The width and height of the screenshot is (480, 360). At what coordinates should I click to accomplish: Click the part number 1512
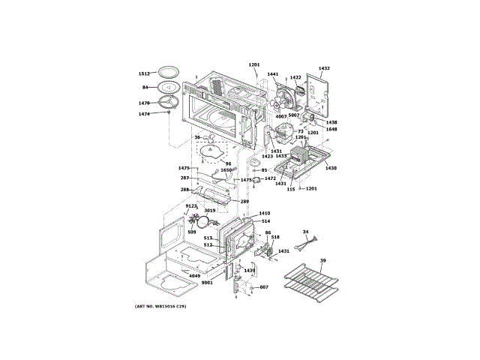[x=144, y=73]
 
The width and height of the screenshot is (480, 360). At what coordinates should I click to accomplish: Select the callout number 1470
[x=144, y=102]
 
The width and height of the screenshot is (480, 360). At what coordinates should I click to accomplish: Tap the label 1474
[x=144, y=114]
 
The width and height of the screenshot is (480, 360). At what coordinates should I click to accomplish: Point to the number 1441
[x=272, y=74]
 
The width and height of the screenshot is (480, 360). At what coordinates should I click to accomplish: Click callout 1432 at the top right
[x=324, y=68]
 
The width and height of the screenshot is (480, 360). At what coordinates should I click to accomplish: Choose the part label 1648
[x=331, y=129]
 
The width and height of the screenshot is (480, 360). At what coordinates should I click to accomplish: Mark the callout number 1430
[x=331, y=168]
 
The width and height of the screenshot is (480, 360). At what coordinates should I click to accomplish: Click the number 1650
[x=226, y=170]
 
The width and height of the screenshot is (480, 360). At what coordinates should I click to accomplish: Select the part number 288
[x=184, y=190]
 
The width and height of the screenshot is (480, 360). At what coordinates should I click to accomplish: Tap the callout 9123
[x=191, y=206]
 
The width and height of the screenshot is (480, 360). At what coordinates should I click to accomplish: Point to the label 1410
[x=265, y=214]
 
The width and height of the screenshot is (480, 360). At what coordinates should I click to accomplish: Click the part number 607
[x=264, y=287]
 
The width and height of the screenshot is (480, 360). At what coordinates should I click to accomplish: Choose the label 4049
[x=194, y=276]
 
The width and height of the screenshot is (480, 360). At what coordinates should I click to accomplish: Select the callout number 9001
[x=207, y=283]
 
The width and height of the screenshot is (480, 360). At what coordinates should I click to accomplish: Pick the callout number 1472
[x=270, y=178]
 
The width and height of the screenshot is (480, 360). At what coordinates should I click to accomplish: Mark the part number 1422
[x=295, y=77]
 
